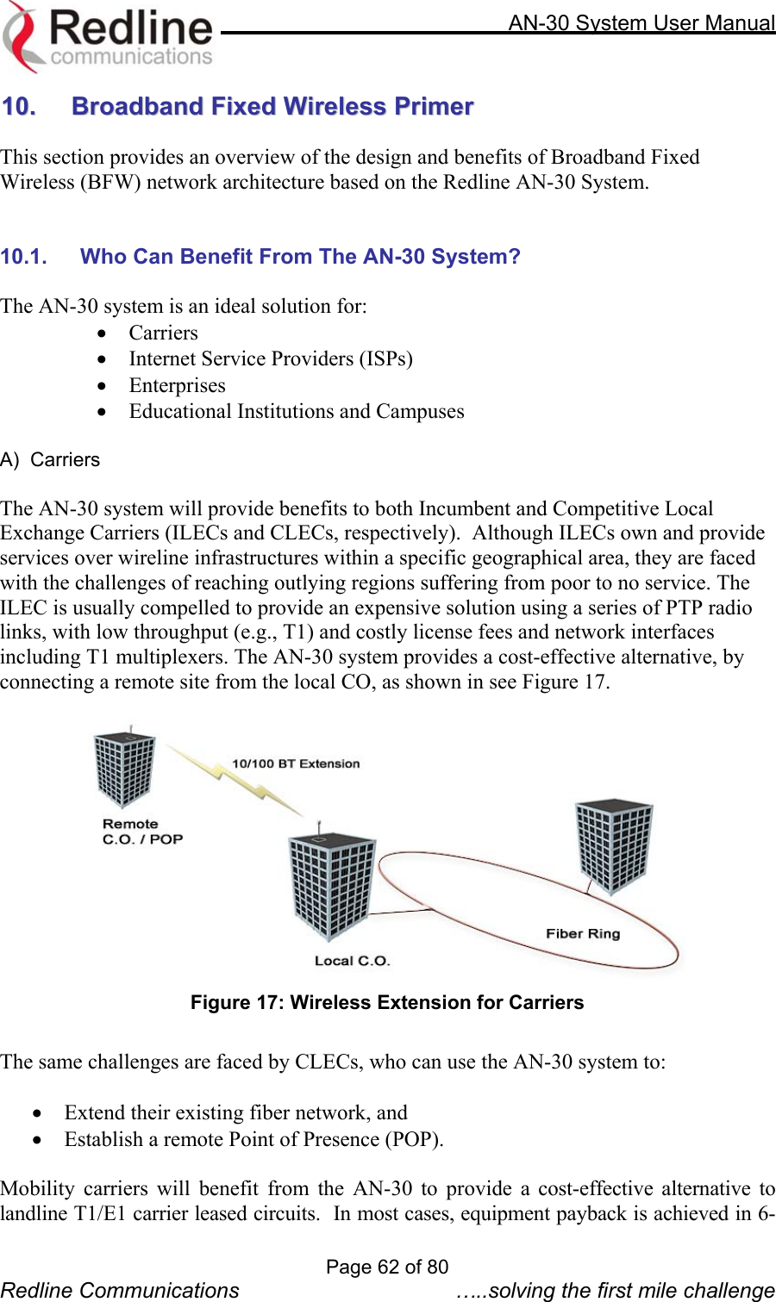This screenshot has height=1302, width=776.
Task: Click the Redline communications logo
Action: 108,36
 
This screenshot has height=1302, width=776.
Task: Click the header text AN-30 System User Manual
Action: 641,22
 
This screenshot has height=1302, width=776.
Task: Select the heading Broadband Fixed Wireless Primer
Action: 272,106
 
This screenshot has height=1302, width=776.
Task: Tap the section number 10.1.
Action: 23,257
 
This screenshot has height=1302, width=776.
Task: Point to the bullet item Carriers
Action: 163,333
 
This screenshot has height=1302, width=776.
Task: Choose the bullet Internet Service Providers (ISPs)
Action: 271,358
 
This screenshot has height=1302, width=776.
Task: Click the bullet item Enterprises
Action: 177,385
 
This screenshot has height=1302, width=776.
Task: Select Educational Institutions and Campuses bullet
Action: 297,411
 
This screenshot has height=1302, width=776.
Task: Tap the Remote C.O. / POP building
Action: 125,769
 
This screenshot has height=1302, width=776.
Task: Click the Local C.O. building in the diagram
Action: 330,886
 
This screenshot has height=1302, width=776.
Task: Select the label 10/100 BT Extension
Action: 296,763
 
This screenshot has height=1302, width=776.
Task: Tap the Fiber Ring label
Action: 583,933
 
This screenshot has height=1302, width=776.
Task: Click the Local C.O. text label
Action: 352,961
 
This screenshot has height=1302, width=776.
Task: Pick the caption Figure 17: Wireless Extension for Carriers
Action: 387,1002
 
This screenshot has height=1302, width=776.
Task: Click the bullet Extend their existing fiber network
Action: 235,1112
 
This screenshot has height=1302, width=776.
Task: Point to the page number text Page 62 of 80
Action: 387,1267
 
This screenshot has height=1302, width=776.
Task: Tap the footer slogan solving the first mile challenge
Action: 616,1290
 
